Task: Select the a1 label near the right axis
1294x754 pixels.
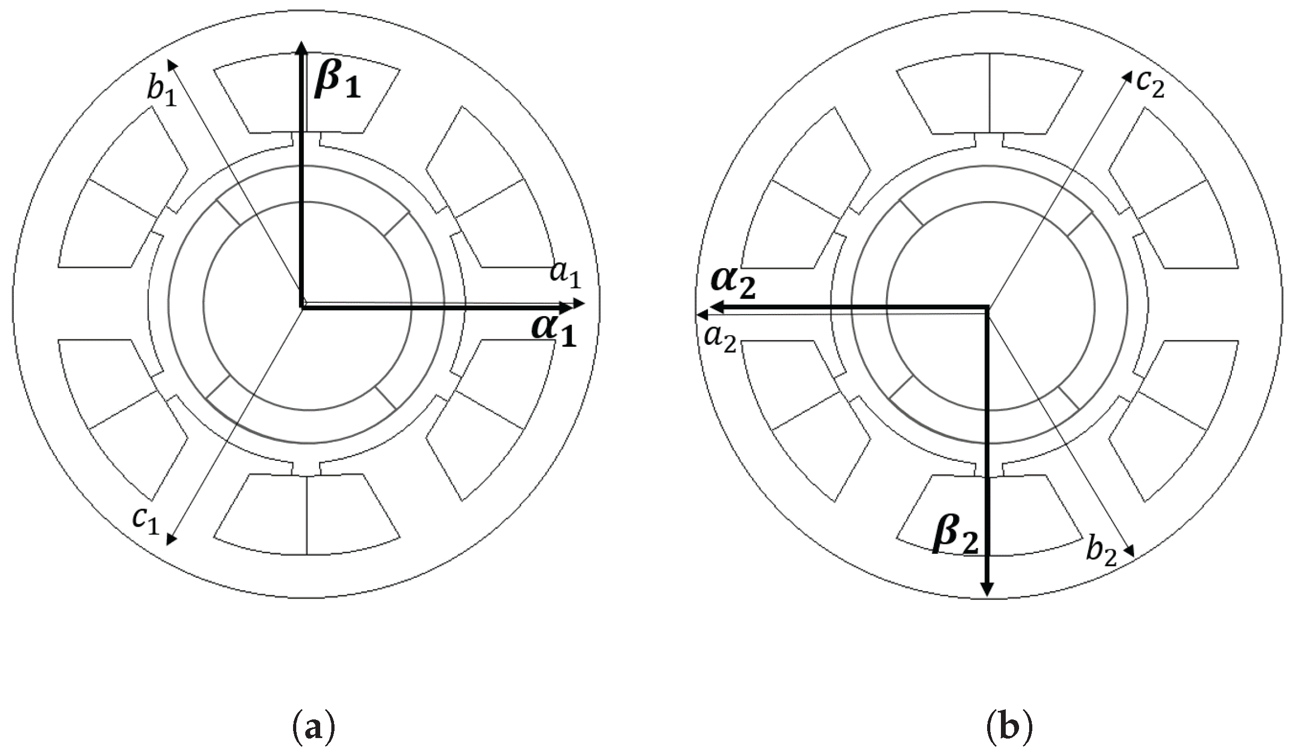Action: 565,275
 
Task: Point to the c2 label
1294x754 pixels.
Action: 1150,85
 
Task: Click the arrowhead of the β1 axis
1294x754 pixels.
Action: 302,47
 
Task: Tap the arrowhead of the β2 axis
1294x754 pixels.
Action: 987,590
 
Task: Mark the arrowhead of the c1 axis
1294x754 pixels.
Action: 171,540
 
